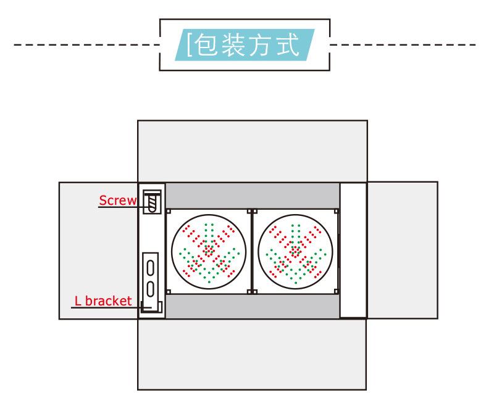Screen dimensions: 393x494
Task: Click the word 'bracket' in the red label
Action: point(109,301)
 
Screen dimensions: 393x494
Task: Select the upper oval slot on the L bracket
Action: point(150,268)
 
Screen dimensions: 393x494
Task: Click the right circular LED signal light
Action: point(295,250)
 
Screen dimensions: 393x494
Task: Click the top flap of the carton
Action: point(252,151)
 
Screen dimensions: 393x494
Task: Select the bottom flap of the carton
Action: point(252,354)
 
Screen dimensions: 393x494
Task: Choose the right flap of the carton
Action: point(402,250)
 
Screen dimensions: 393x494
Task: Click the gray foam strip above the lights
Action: point(252,195)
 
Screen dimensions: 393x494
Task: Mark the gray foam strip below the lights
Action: point(252,306)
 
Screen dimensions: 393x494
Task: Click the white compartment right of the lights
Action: point(353,250)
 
